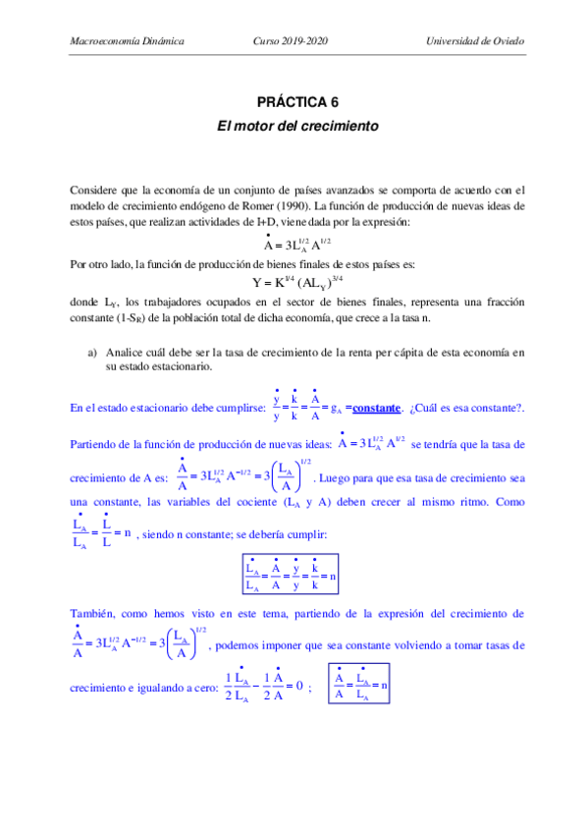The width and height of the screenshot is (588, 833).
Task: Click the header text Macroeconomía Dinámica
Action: [x=129, y=42]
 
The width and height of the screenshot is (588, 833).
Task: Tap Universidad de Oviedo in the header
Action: [x=475, y=42]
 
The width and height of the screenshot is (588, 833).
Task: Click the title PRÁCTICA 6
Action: [x=296, y=102]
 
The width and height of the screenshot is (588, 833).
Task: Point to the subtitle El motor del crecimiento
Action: [x=296, y=127]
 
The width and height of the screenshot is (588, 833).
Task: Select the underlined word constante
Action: [x=377, y=409]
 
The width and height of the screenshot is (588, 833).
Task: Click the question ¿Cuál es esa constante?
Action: [x=466, y=409]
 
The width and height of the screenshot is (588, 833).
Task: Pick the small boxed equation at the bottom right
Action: [x=357, y=683]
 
